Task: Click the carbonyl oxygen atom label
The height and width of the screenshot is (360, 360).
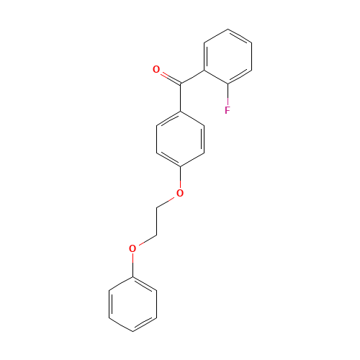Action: point(156,70)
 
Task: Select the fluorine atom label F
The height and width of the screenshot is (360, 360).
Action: point(228,110)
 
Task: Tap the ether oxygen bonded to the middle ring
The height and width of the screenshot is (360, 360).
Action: point(180,193)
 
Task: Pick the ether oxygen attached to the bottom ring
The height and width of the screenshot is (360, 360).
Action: point(132,248)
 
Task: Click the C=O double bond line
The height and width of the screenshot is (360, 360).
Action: point(168,77)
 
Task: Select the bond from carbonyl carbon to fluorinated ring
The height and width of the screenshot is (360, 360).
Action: point(192,77)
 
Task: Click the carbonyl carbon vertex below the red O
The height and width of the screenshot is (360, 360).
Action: point(180,84)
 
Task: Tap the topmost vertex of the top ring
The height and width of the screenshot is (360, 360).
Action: point(228,30)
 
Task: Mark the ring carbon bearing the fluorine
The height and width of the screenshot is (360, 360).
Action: point(228,84)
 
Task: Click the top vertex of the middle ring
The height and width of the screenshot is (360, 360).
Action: point(180,112)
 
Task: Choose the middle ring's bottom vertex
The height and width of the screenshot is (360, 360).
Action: point(180,167)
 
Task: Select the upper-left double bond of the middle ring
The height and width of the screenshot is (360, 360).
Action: point(168,119)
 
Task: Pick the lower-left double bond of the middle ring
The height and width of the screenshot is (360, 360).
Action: point(168,160)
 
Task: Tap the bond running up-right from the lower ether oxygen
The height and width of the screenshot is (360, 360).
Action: point(145,241)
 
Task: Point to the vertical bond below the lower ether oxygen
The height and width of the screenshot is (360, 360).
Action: point(132,264)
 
